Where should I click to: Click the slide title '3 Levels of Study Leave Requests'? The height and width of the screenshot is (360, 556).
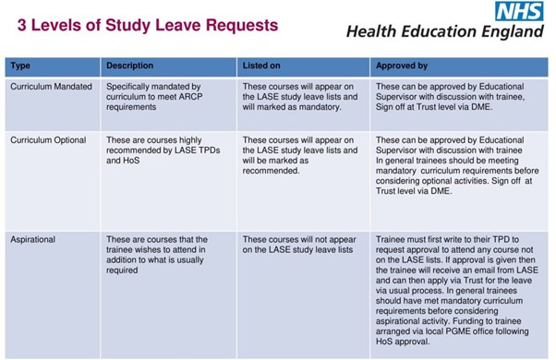[x=147, y=25]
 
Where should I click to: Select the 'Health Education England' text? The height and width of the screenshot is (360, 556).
[x=444, y=32]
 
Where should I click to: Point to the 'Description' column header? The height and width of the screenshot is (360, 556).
[x=129, y=66]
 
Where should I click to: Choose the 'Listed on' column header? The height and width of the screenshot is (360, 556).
[x=261, y=66]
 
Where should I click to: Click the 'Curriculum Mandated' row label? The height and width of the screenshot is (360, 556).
[x=51, y=86]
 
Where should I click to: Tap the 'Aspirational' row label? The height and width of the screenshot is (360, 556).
[x=33, y=239]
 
